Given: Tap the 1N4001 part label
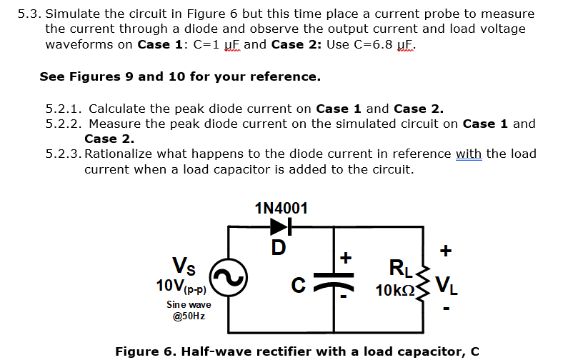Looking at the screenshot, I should (x=281, y=209).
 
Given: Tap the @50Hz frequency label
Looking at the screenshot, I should (x=189, y=316).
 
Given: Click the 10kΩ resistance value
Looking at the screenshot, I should (x=397, y=291).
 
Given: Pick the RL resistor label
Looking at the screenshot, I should (x=397, y=270).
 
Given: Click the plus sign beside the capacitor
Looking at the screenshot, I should (x=348, y=256).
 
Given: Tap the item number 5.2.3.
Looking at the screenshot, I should (x=64, y=154).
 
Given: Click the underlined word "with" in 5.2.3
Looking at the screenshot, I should (x=469, y=154).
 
